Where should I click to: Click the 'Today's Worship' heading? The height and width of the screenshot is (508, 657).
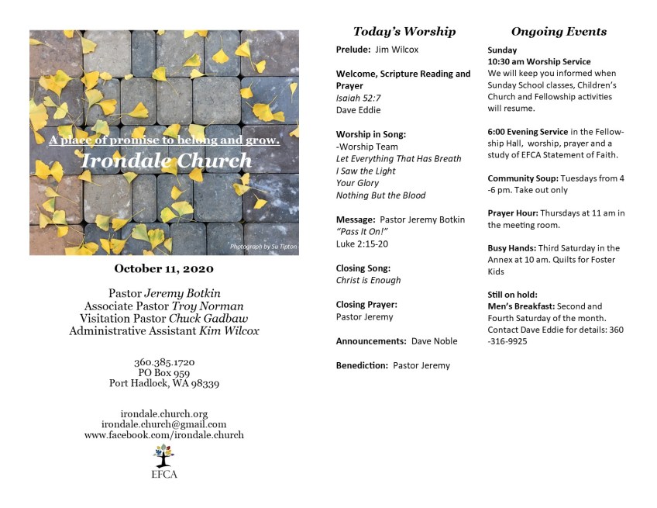(404, 32)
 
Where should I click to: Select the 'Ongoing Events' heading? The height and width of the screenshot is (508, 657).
(559, 32)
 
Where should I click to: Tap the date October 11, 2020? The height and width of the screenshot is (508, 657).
(164, 269)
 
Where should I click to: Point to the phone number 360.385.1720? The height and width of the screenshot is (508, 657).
(164, 362)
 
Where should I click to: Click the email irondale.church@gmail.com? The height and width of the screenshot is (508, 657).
(164, 424)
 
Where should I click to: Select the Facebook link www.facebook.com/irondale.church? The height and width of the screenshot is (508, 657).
(164, 435)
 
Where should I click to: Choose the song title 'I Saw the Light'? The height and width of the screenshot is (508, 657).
(366, 171)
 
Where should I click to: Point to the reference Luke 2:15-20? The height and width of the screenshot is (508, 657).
(361, 244)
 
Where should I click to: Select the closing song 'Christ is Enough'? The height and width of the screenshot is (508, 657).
(369, 280)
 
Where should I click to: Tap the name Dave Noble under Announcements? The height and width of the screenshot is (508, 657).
(434, 341)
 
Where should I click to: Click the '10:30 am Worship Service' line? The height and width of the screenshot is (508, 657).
(539, 61)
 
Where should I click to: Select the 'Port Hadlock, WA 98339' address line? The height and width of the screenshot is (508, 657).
(164, 383)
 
